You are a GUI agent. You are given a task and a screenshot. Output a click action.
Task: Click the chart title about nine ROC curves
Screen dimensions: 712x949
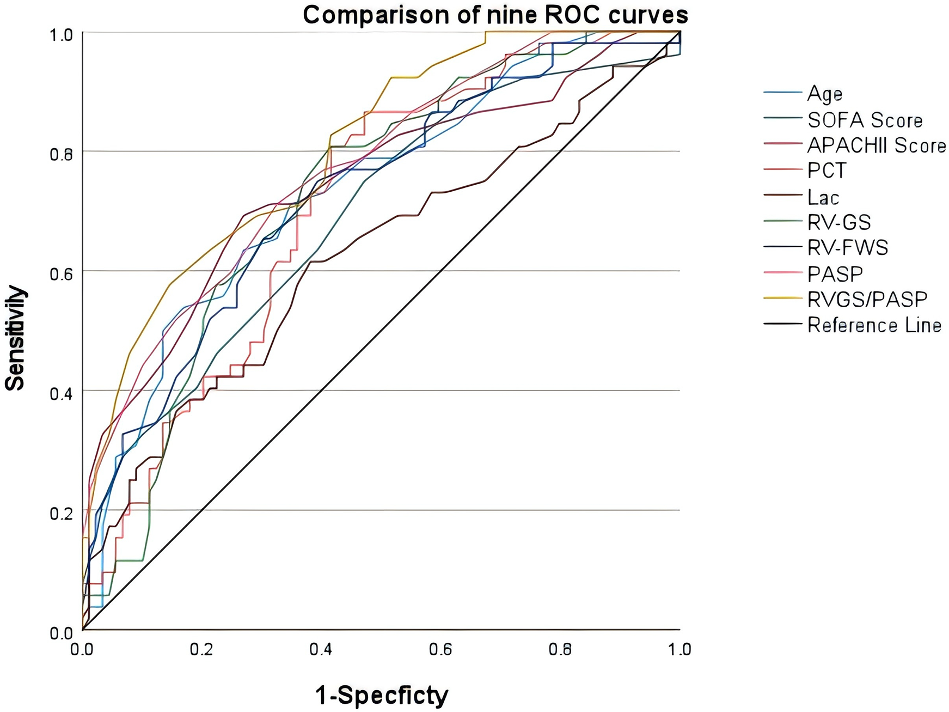tap(495, 15)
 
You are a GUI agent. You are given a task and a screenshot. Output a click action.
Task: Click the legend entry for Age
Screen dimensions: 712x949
tap(824, 94)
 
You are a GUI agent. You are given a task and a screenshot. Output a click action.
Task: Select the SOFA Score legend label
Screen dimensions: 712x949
tap(865, 120)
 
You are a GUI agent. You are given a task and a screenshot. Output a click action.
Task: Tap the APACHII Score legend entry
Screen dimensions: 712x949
tap(876, 145)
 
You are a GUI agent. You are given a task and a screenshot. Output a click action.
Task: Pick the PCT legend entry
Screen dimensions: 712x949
tap(826, 171)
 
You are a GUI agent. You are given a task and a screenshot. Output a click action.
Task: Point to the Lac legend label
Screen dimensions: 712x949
tap(823, 197)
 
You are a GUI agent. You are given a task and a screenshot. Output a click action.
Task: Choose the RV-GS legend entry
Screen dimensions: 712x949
tap(838, 222)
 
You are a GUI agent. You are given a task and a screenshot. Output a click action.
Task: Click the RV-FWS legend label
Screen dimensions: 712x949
tap(847, 248)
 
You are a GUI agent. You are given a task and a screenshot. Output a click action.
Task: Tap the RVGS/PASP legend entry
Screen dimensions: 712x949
tap(867, 299)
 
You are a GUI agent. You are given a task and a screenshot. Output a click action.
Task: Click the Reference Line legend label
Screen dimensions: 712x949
tap(874, 325)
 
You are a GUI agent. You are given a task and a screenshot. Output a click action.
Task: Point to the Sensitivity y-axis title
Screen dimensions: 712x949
tap(15, 338)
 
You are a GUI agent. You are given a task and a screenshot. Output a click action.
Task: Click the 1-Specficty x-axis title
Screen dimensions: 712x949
tap(381, 696)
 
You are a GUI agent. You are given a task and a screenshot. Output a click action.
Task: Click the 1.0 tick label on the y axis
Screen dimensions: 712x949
tap(61, 35)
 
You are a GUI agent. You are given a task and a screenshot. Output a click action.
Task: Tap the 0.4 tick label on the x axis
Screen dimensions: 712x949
tap(321, 649)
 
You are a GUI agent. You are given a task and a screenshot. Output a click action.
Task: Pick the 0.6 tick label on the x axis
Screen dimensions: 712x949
tap(440, 649)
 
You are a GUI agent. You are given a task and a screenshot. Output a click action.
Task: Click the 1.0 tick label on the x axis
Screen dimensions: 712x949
tap(679, 649)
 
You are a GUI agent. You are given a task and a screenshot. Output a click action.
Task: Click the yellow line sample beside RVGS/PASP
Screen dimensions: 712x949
tap(783, 299)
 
